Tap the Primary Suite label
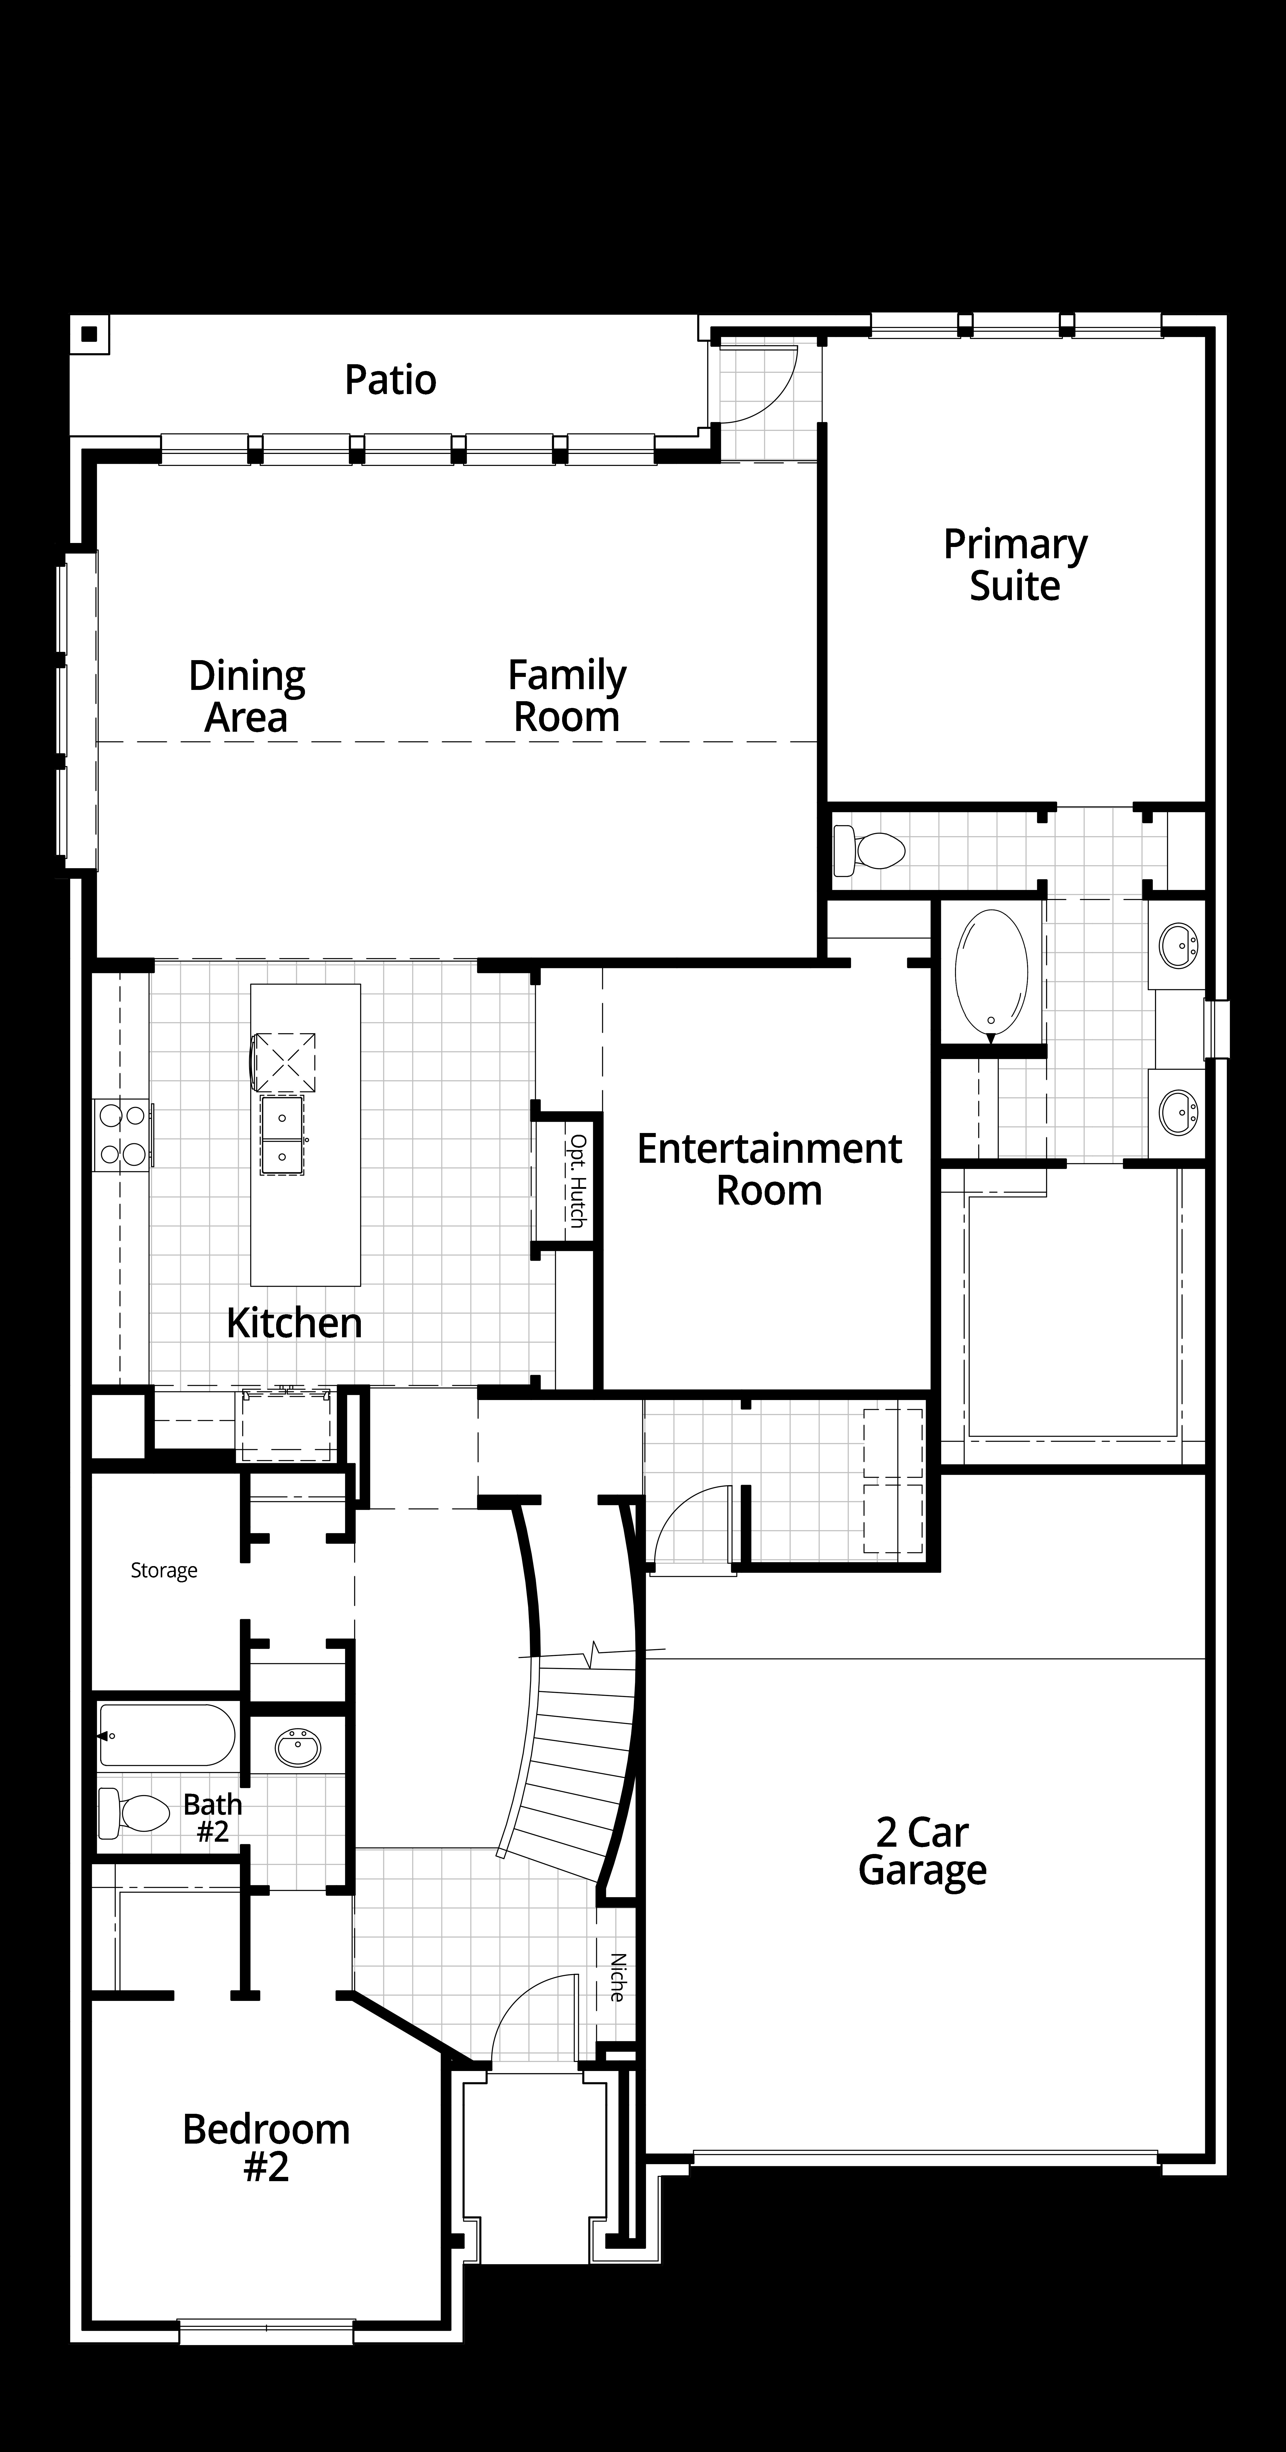pos(1015,565)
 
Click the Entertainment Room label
pos(769,1170)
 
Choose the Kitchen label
pos(294,1323)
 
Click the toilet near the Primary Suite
pos(868,850)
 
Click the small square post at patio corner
pos(89,334)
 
